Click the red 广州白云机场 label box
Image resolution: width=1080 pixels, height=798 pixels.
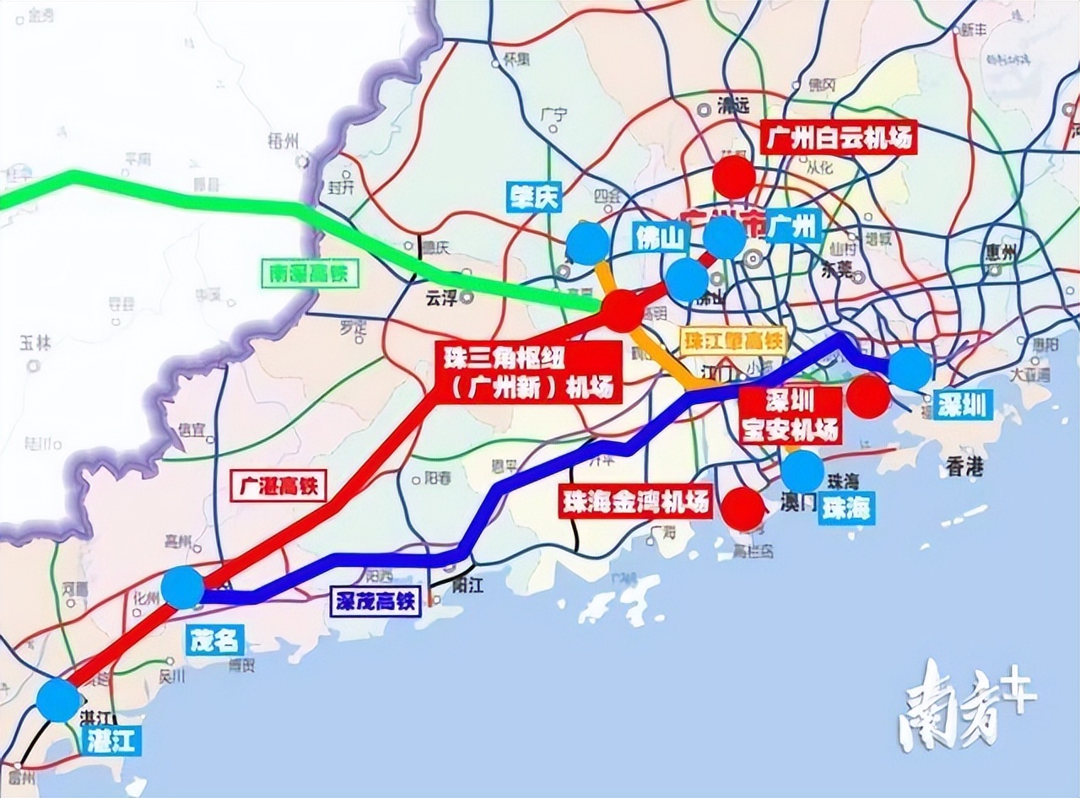pyautogui.click(x=838, y=137)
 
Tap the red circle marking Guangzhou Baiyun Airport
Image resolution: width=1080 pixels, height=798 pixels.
pyautogui.click(x=733, y=176)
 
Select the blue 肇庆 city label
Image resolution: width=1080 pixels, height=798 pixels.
pyautogui.click(x=534, y=197)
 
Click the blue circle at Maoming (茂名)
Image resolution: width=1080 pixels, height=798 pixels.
pyautogui.click(x=182, y=587)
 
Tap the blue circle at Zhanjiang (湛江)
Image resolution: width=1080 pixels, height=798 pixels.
pyautogui.click(x=59, y=700)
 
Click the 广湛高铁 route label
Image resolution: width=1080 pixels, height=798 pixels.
pyautogui.click(x=278, y=487)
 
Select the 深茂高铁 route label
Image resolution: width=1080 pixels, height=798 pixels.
pyautogui.click(x=374, y=601)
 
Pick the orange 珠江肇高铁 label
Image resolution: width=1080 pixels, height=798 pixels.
pyautogui.click(x=732, y=342)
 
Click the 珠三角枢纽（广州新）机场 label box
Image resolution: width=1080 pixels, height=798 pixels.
pyautogui.click(x=526, y=372)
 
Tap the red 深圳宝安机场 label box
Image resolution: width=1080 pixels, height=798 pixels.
pyautogui.click(x=791, y=414)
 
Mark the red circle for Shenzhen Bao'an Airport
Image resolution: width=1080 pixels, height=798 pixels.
pyautogui.click(x=867, y=396)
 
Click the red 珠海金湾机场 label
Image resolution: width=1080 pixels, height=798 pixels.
pyautogui.click(x=634, y=503)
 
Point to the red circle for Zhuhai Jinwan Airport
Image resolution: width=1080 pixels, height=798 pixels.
pyautogui.click(x=743, y=509)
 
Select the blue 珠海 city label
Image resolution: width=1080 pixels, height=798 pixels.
pyautogui.click(x=846, y=508)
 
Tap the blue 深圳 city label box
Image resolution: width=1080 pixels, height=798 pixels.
pyautogui.click(x=961, y=405)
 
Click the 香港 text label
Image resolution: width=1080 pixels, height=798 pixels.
pyautogui.click(x=964, y=467)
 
